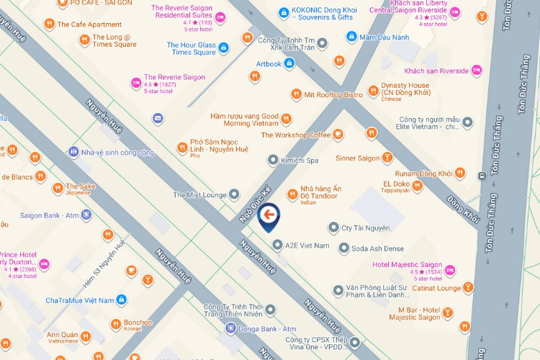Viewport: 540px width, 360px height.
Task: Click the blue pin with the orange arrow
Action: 269,215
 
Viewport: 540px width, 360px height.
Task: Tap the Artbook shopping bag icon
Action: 289,63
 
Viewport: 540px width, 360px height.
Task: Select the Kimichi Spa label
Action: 302,161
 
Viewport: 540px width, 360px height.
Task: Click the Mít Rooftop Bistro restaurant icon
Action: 296,94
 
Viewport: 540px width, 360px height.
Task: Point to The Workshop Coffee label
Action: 296,135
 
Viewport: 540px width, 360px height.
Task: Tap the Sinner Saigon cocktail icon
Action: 387,158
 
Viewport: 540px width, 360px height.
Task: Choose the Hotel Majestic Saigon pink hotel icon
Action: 451,270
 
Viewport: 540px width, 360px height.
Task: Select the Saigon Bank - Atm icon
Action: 86,215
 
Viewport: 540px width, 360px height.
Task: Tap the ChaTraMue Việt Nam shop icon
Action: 122,300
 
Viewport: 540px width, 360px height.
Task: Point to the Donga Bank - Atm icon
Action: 230,328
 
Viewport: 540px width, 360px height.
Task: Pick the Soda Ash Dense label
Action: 378,249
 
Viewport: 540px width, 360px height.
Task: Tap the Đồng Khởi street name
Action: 463,207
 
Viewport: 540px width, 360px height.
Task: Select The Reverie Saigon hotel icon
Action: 136,83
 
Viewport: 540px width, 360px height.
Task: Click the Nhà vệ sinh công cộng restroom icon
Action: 73,152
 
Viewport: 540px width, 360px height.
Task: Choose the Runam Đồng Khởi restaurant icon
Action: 460,174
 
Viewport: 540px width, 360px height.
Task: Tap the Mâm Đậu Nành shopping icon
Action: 351,37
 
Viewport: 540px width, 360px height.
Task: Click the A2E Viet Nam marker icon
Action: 278,245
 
